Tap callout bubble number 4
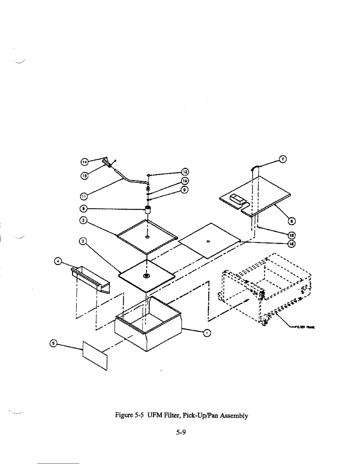(x=59, y=261)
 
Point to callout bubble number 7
(x=282, y=159)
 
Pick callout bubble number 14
(x=84, y=162)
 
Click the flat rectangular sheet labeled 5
(x=95, y=355)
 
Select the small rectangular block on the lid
(x=237, y=198)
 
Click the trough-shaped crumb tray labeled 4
(x=90, y=279)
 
